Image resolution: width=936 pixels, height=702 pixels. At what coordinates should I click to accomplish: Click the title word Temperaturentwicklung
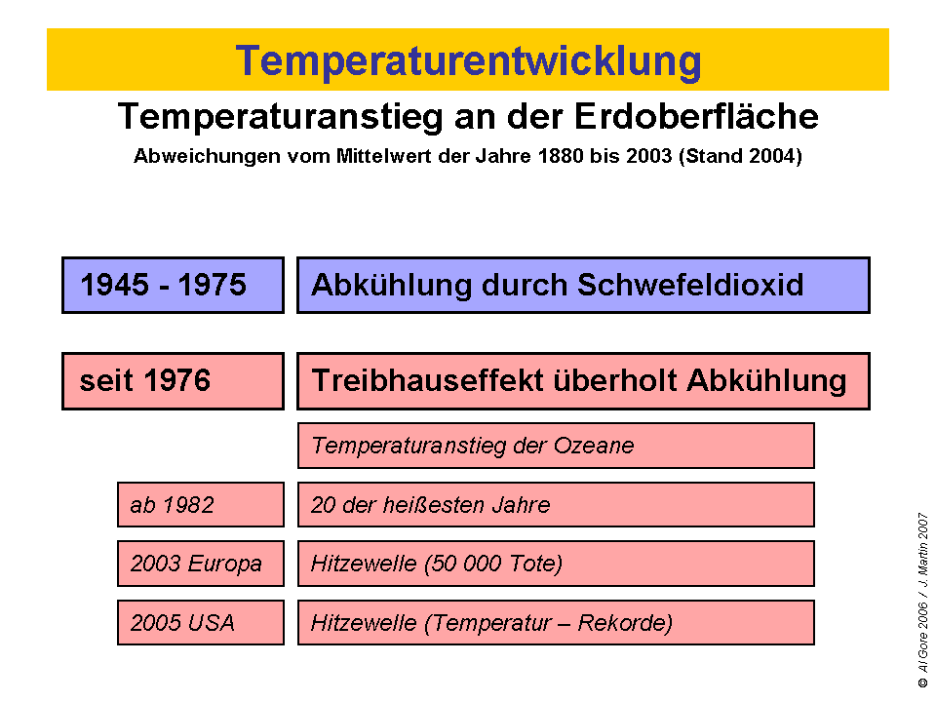[x=468, y=60]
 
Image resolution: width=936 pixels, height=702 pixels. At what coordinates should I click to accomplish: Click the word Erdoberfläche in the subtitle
[x=694, y=117]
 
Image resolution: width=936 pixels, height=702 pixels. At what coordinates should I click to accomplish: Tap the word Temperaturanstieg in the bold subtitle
[x=275, y=117]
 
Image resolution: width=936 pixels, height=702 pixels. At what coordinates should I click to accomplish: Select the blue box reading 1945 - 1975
[x=173, y=285]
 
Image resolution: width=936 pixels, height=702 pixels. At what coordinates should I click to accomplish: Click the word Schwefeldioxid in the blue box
[x=691, y=285]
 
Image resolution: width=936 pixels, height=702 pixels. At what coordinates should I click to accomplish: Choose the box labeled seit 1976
[x=173, y=380]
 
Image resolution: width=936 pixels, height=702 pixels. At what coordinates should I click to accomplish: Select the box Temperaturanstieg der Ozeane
[x=556, y=446]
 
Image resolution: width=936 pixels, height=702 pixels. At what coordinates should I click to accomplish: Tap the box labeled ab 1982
[x=200, y=505]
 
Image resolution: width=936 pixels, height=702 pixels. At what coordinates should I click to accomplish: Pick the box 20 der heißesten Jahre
[x=556, y=505]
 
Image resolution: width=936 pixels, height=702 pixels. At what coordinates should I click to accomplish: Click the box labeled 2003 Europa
[x=200, y=564]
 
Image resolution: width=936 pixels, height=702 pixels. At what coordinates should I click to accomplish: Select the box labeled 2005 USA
[x=200, y=623]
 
